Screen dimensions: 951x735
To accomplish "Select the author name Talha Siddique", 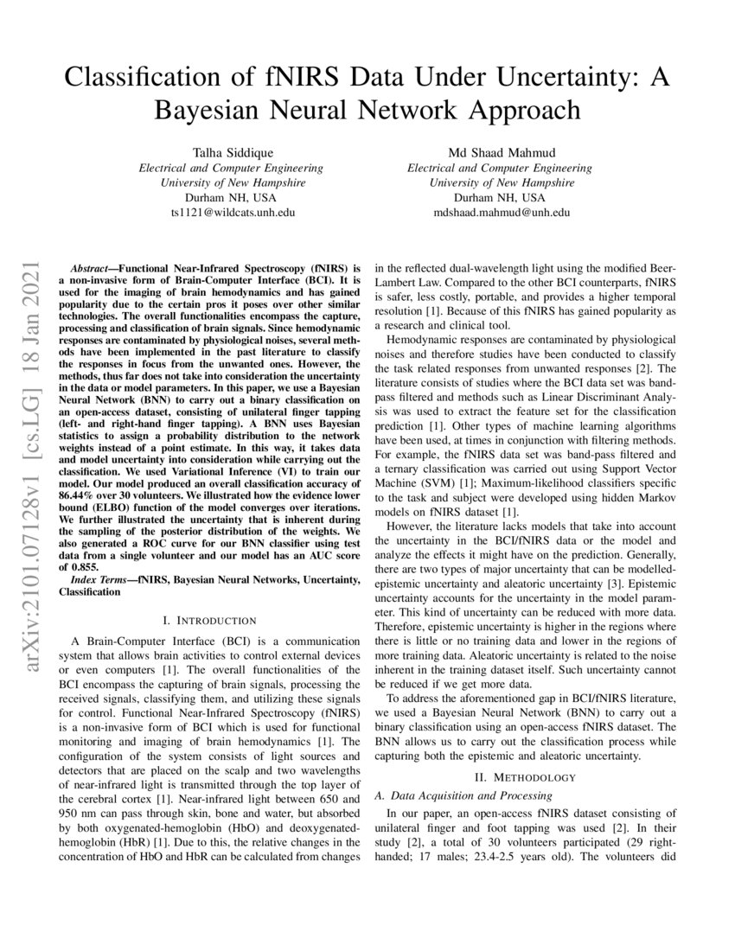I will [226, 153].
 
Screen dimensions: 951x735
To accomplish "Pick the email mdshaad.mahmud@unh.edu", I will [501, 212].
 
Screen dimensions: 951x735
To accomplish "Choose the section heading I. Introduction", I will [209, 620].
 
